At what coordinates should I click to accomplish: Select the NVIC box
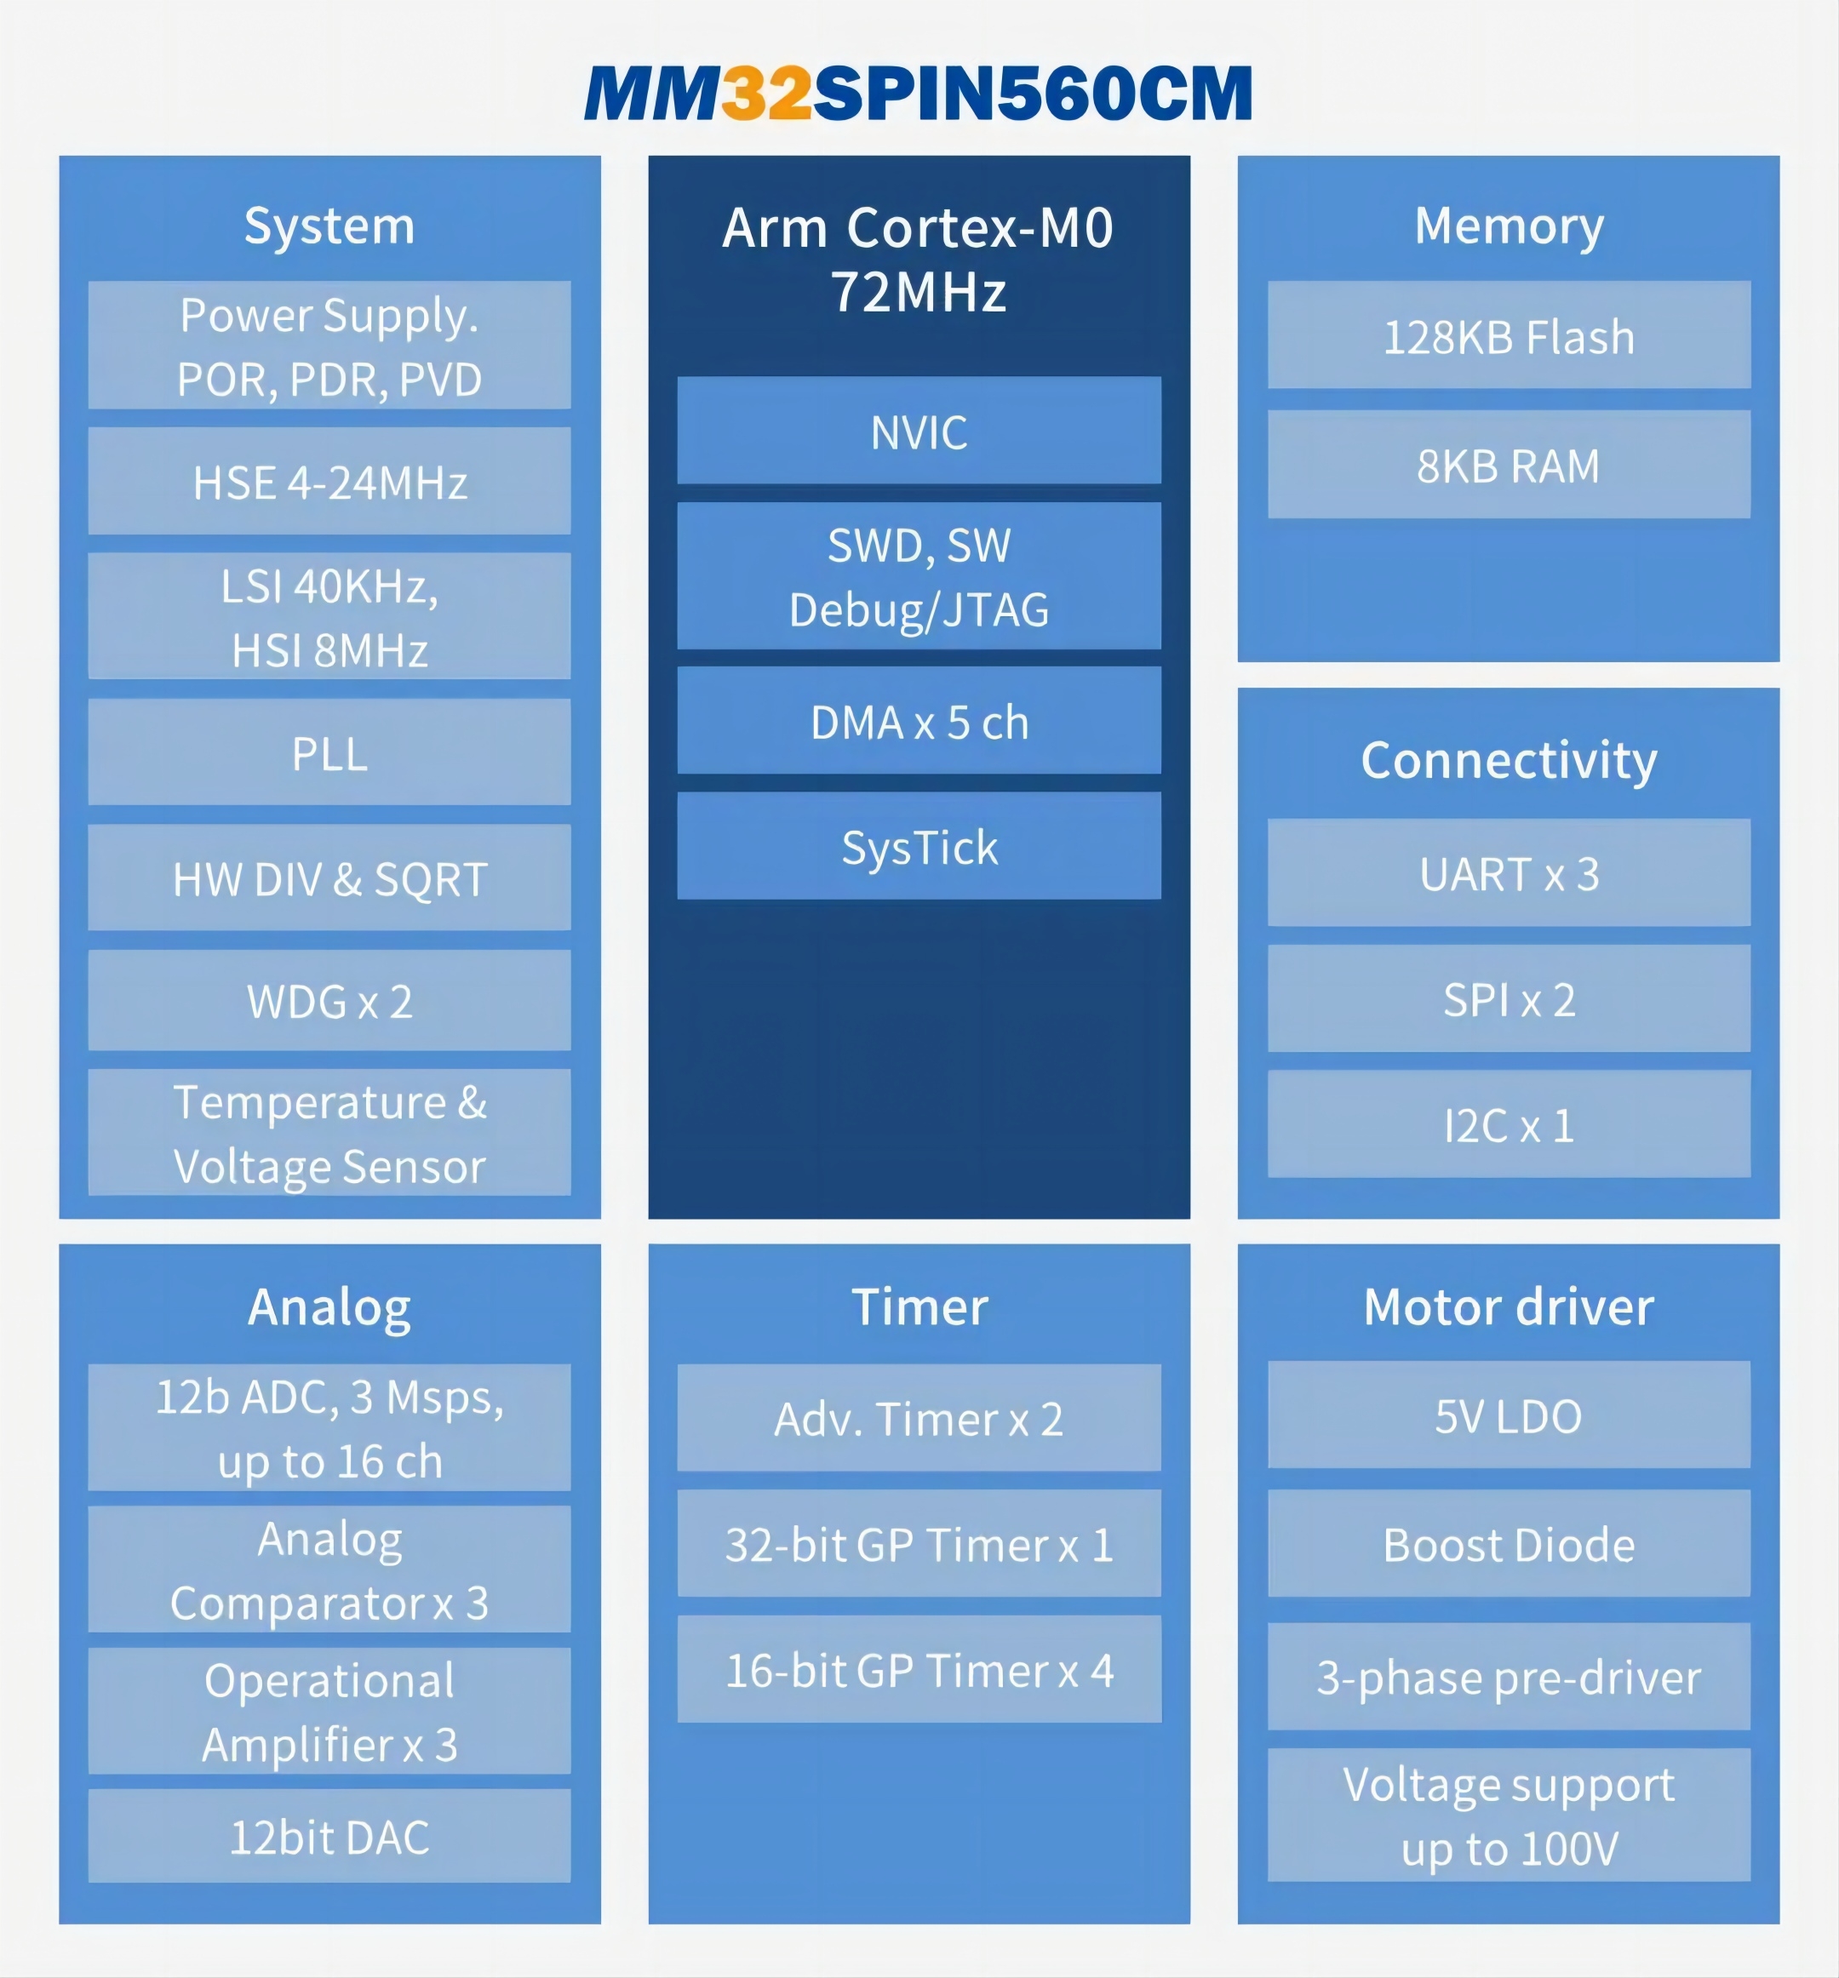919,431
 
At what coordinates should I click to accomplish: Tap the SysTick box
919,847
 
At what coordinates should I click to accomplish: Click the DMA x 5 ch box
919,722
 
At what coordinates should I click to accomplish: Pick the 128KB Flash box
1509,335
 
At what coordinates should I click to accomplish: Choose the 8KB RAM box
1509,465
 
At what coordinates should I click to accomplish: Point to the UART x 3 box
1509,872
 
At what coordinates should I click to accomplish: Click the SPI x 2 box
1509,999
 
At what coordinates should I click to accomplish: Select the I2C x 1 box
1509,1124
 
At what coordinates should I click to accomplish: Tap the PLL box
329,752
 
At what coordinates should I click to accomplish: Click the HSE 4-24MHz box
329,482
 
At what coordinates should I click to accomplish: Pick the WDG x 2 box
329,1000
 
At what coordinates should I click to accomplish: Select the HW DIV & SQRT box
329,878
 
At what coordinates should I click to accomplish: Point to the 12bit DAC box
329,1836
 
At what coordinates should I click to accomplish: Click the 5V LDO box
1509,1415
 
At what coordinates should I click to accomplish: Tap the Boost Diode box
1509,1543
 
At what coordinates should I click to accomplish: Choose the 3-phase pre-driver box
1509,1677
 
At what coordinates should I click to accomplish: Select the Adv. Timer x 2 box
919,1418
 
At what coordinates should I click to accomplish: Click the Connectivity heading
1509,760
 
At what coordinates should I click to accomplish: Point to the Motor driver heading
1509,1306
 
